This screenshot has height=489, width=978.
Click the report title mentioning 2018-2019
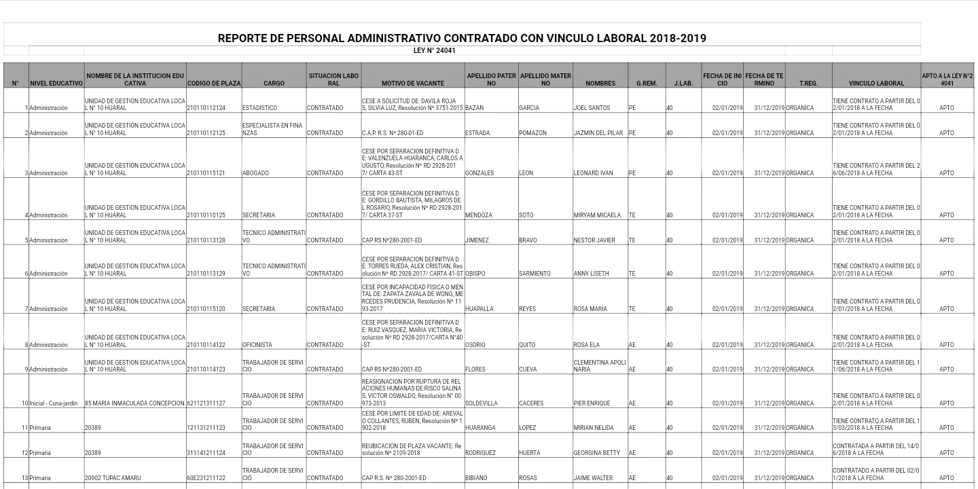[x=462, y=39]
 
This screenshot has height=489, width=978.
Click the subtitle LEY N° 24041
[x=435, y=51]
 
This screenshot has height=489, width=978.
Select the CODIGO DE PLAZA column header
[x=214, y=84]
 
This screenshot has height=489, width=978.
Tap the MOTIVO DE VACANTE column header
[x=413, y=84]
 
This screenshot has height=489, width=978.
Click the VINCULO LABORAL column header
[x=876, y=84]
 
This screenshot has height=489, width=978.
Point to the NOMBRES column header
[x=600, y=84]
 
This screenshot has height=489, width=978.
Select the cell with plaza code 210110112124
[x=206, y=108]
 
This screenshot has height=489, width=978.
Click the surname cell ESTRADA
[x=477, y=133]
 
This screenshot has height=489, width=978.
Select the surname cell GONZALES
[x=479, y=173]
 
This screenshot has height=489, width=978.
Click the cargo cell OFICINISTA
[x=257, y=345]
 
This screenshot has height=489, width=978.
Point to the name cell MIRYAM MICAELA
[x=597, y=215]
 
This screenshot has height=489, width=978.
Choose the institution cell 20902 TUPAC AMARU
[x=113, y=478]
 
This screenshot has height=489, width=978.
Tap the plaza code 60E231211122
[x=206, y=478]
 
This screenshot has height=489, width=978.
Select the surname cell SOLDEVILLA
[x=482, y=403]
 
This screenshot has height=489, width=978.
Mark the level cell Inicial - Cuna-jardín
[x=54, y=403]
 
